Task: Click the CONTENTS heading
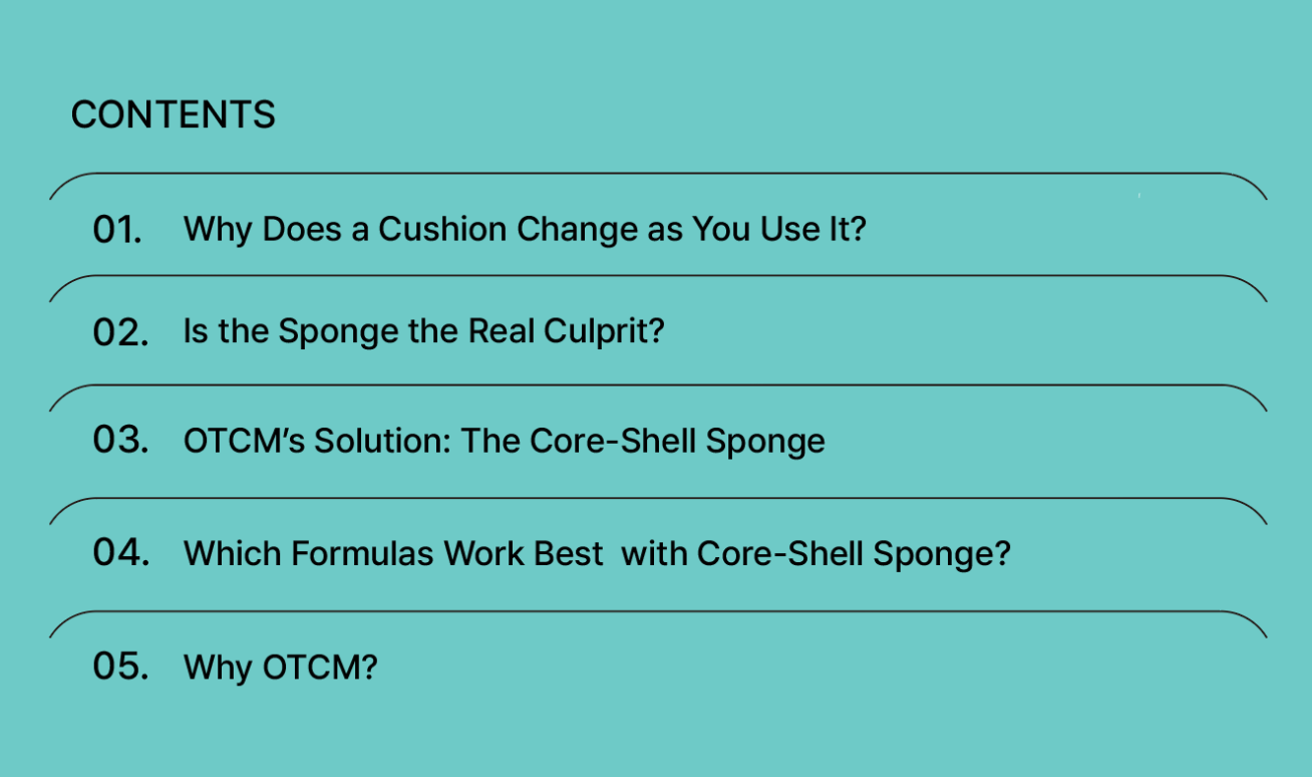point(173,114)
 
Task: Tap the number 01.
point(117,229)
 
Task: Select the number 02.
point(120,332)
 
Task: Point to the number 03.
point(120,440)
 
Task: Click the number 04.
point(120,552)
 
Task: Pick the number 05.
point(120,666)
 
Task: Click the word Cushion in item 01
point(442,229)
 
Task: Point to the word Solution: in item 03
point(383,441)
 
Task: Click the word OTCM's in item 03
point(245,441)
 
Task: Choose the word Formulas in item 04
point(362,553)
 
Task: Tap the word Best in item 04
point(568,553)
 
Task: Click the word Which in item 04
point(233,553)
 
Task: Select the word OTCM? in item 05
point(320,667)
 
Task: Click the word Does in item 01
point(302,229)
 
